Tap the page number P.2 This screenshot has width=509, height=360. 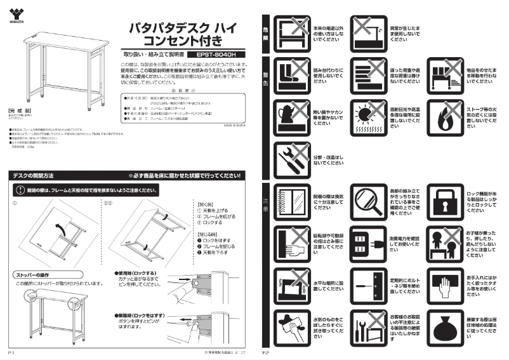click(x=267, y=351)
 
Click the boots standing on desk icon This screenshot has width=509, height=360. click(x=290, y=76)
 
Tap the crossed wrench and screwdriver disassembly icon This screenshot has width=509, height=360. click(x=290, y=159)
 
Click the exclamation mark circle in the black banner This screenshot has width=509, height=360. click(x=20, y=190)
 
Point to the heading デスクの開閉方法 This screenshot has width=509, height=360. click(x=34, y=175)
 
